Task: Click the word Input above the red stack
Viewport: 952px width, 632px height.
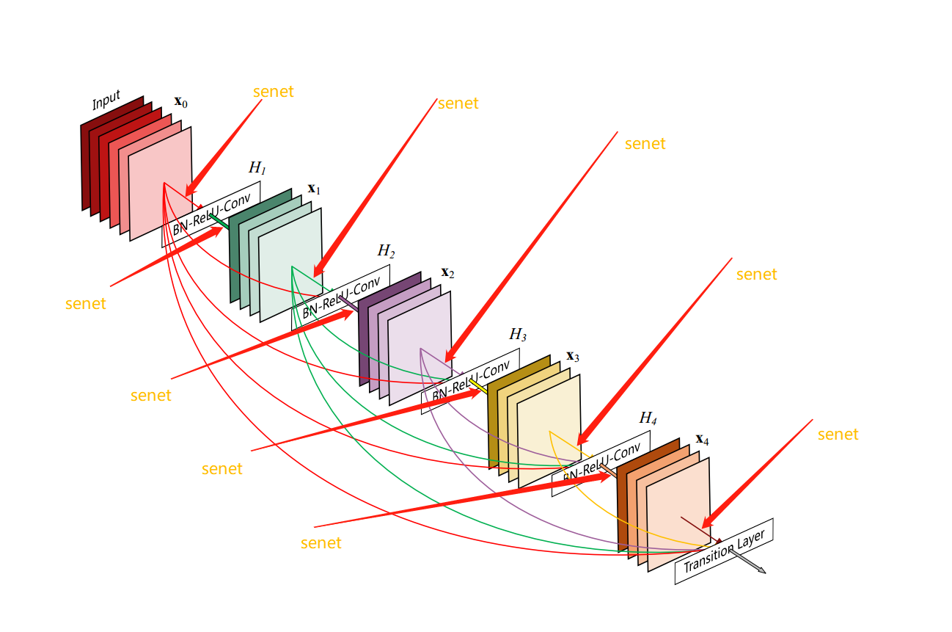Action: pyautogui.click(x=106, y=101)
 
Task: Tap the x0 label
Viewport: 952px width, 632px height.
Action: pyautogui.click(x=180, y=102)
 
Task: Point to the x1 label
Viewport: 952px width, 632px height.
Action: pyautogui.click(x=314, y=189)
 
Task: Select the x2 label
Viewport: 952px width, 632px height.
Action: pyautogui.click(x=447, y=273)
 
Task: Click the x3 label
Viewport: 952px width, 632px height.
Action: pyautogui.click(x=573, y=357)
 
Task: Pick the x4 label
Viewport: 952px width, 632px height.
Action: pyautogui.click(x=703, y=440)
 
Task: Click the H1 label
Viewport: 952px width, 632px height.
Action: pyautogui.click(x=257, y=168)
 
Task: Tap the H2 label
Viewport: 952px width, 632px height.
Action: pyautogui.click(x=386, y=251)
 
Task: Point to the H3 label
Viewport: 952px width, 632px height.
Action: pyautogui.click(x=518, y=335)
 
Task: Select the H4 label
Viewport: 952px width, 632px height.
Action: pyautogui.click(x=648, y=418)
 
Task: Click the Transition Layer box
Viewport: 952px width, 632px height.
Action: pyautogui.click(x=724, y=551)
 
